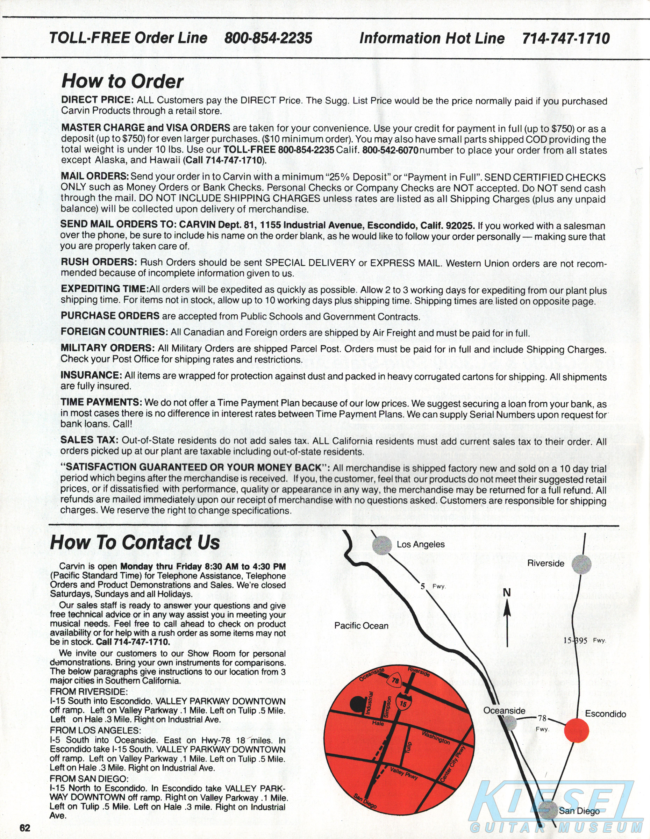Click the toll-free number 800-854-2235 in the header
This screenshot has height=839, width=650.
coord(268,38)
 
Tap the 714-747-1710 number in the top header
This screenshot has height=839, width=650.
coord(566,38)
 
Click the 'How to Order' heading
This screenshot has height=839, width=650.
coord(122,81)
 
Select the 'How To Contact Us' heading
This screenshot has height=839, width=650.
coord(135,542)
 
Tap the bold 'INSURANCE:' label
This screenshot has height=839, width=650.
coord(91,375)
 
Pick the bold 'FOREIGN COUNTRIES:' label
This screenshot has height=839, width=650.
coord(114,331)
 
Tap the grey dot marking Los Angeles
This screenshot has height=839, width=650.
coord(382,545)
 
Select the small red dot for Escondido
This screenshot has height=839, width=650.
coord(576,730)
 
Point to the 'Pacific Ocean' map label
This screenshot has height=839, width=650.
coord(361,626)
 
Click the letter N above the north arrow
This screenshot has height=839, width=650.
coord(507,593)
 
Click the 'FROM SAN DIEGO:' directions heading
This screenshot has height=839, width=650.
coord(89,779)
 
